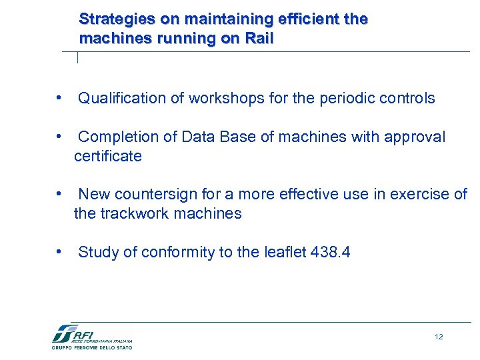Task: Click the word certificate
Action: tap(108, 157)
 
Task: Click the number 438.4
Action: tap(331, 253)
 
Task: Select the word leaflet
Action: tap(285, 253)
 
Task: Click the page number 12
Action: tap(438, 337)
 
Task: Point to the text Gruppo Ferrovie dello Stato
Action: tap(92, 347)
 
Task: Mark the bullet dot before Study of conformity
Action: tap(60, 252)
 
